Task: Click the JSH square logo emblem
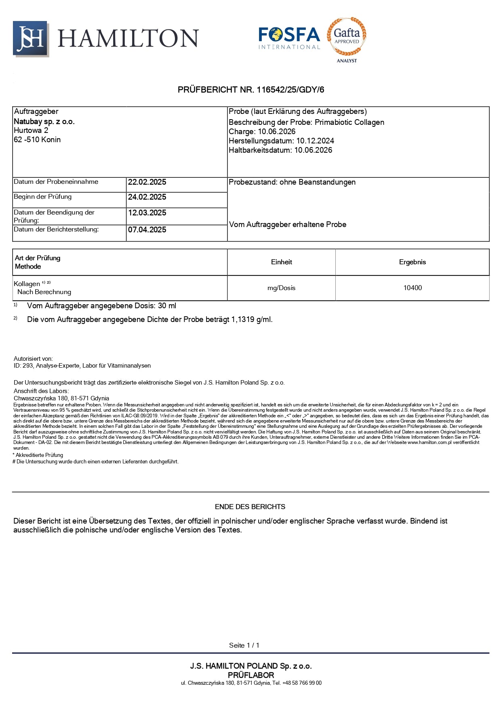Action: click(30, 38)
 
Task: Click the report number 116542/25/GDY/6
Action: click(290, 90)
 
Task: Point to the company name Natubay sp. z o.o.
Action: click(44, 122)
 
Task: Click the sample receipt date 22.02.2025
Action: click(147, 182)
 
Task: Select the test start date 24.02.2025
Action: click(147, 197)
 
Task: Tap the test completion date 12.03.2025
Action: click(147, 213)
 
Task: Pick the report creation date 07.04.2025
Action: click(147, 230)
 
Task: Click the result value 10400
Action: click(413, 288)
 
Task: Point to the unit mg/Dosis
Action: click(281, 288)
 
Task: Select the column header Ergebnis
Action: click(413, 262)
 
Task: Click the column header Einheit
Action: click(281, 262)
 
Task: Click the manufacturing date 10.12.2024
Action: click(315, 141)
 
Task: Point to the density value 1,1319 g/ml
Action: click(251, 320)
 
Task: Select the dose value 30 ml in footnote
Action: click(167, 306)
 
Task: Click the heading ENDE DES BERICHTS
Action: click(250, 507)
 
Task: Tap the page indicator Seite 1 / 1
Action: click(244, 645)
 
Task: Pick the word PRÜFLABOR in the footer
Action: click(251, 675)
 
